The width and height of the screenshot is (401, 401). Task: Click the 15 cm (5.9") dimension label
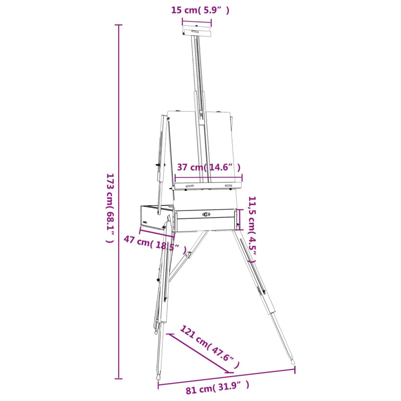pos(200,11)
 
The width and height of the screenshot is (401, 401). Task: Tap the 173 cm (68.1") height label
pos(110,208)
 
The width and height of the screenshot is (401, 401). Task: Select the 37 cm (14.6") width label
pos(209,167)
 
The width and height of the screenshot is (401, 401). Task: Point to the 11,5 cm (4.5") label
pos(252,230)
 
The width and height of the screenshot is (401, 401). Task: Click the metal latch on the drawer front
pos(206,214)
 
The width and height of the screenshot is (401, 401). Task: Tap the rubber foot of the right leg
pos(293,362)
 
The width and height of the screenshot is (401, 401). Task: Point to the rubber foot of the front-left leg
pos(158,377)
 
